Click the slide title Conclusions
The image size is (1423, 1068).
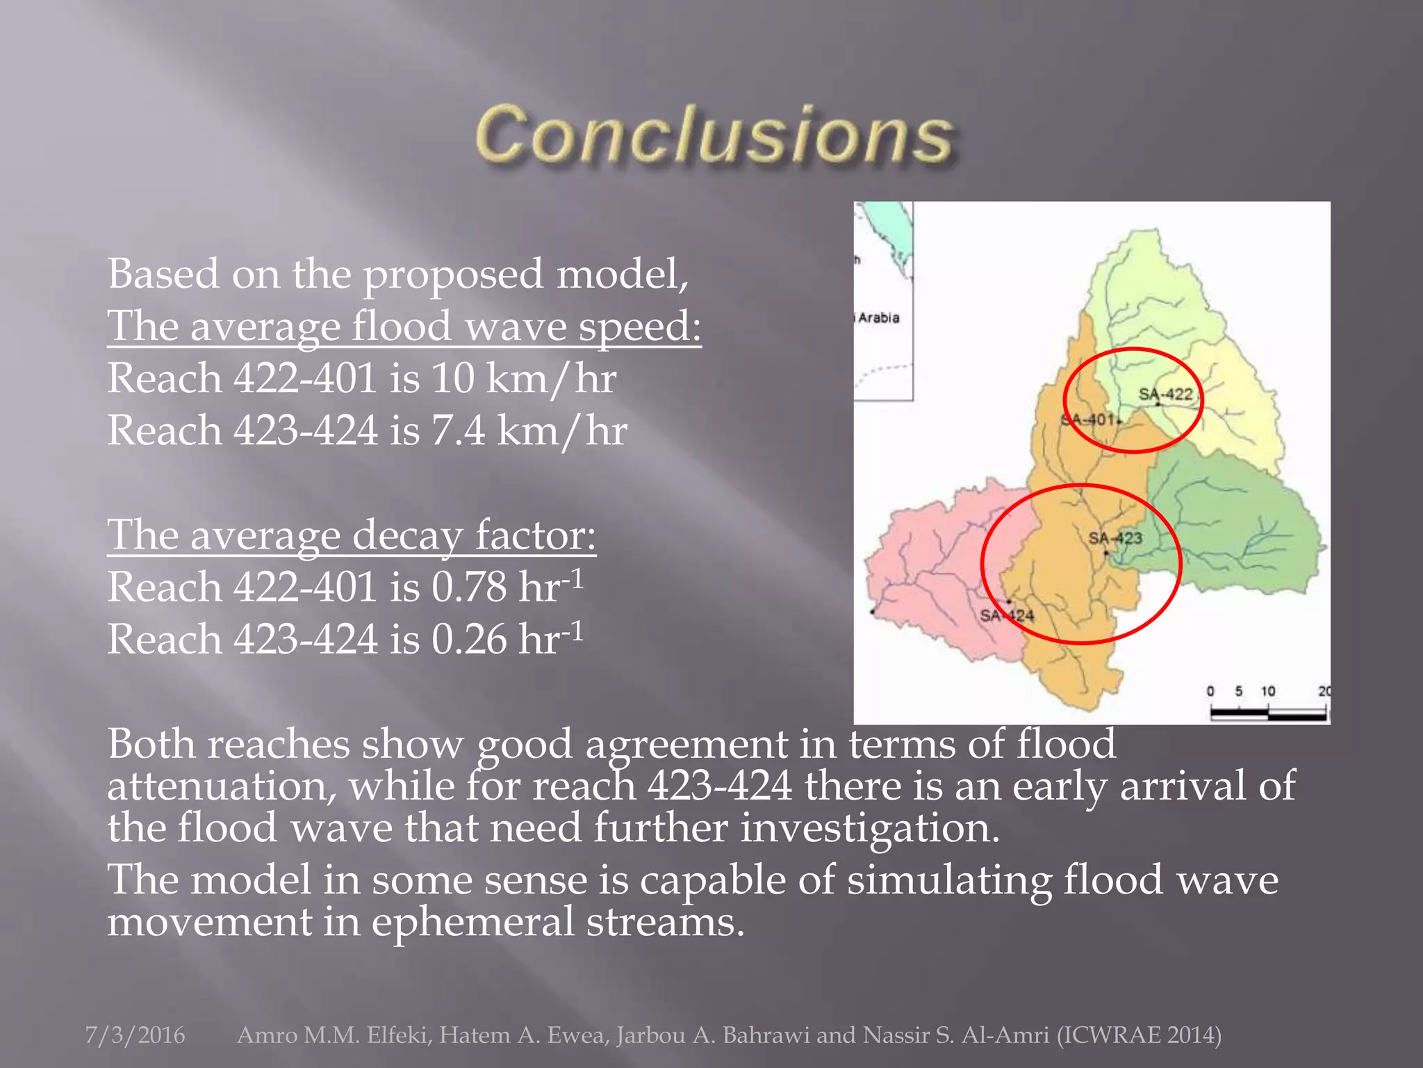click(714, 136)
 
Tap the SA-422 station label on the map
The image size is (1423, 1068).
click(1165, 394)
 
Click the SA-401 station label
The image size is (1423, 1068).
click(1087, 419)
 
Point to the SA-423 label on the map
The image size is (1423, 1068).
click(1114, 537)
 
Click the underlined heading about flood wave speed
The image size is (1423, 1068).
click(404, 327)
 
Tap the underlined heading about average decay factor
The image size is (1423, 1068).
click(352, 535)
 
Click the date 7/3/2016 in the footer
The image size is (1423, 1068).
click(135, 1035)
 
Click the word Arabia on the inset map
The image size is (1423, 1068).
click(878, 318)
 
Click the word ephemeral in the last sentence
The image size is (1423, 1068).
click(472, 923)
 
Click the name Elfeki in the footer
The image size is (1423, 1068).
click(398, 1035)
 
